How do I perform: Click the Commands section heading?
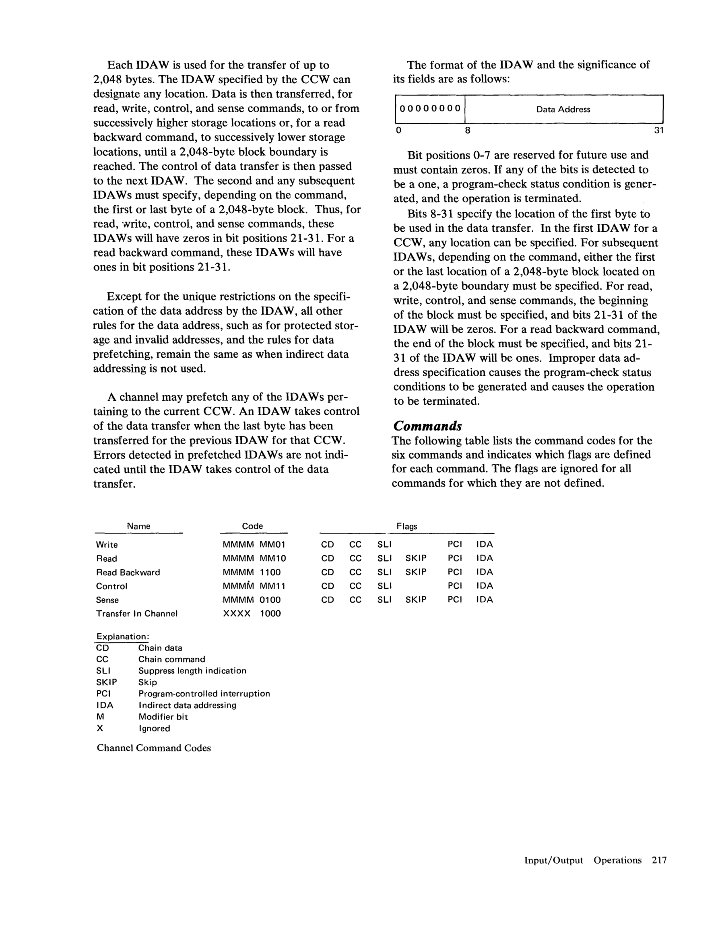pyautogui.click(x=427, y=426)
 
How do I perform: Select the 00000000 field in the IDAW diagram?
pyautogui.click(x=430, y=109)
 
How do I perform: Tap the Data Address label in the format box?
pyautogui.click(x=563, y=109)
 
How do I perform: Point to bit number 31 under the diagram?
pyautogui.click(x=658, y=131)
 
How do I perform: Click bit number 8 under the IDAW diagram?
pyautogui.click(x=467, y=131)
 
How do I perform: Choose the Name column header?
pyautogui.click(x=138, y=526)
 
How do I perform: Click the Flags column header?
pyautogui.click(x=406, y=526)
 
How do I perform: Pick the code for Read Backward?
pyautogui.click(x=252, y=572)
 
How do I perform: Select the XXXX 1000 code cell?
pyautogui.click(x=252, y=614)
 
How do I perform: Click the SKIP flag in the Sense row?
pyautogui.click(x=416, y=600)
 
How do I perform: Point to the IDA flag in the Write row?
pyautogui.click(x=484, y=544)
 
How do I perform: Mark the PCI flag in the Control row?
pyautogui.click(x=454, y=586)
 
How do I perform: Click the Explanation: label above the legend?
pyautogui.click(x=123, y=636)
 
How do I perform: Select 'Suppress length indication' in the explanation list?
pyautogui.click(x=192, y=671)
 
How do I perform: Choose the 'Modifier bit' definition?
pyautogui.click(x=163, y=717)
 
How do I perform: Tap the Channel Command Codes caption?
pyautogui.click(x=154, y=748)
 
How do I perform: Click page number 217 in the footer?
pyautogui.click(x=659, y=860)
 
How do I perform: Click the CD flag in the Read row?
pyautogui.click(x=327, y=558)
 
